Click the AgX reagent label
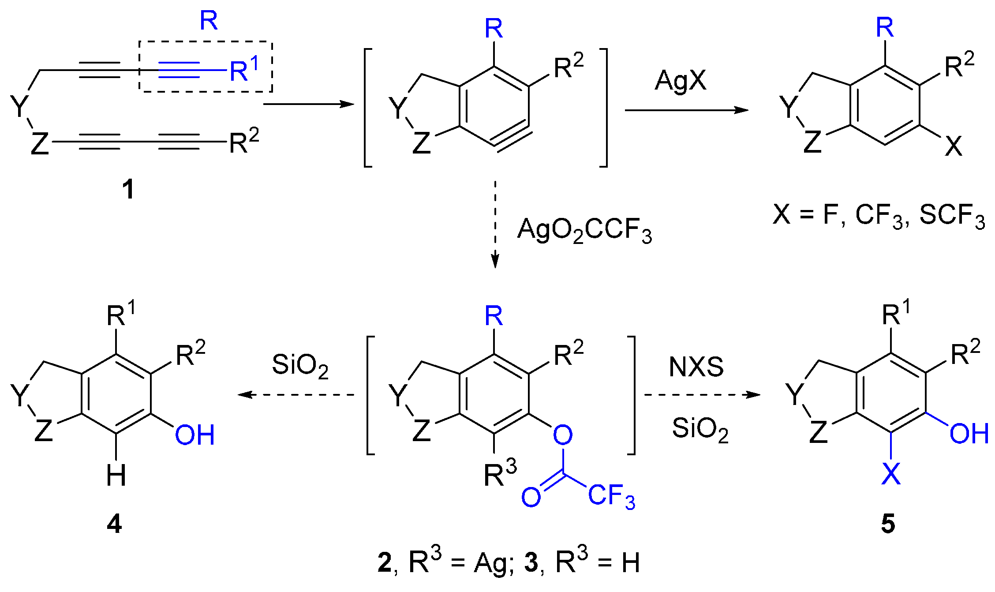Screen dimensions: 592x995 point(680,81)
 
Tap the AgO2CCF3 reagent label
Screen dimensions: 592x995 point(584,230)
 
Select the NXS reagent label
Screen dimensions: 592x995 point(696,367)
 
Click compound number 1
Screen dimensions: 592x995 point(128,190)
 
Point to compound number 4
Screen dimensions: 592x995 point(114,525)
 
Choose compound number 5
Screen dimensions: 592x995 point(888,525)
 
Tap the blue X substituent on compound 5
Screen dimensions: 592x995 point(890,474)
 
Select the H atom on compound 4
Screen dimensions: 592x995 point(116,476)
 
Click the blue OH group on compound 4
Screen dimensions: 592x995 point(195,435)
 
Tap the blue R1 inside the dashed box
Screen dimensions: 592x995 point(244,70)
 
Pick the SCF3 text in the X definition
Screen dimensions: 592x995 point(952,216)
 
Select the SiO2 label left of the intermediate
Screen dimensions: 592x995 point(300,366)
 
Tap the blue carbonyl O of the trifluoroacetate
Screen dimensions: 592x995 point(531,497)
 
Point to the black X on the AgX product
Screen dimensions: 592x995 point(954,146)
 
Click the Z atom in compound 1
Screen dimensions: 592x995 point(40,143)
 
